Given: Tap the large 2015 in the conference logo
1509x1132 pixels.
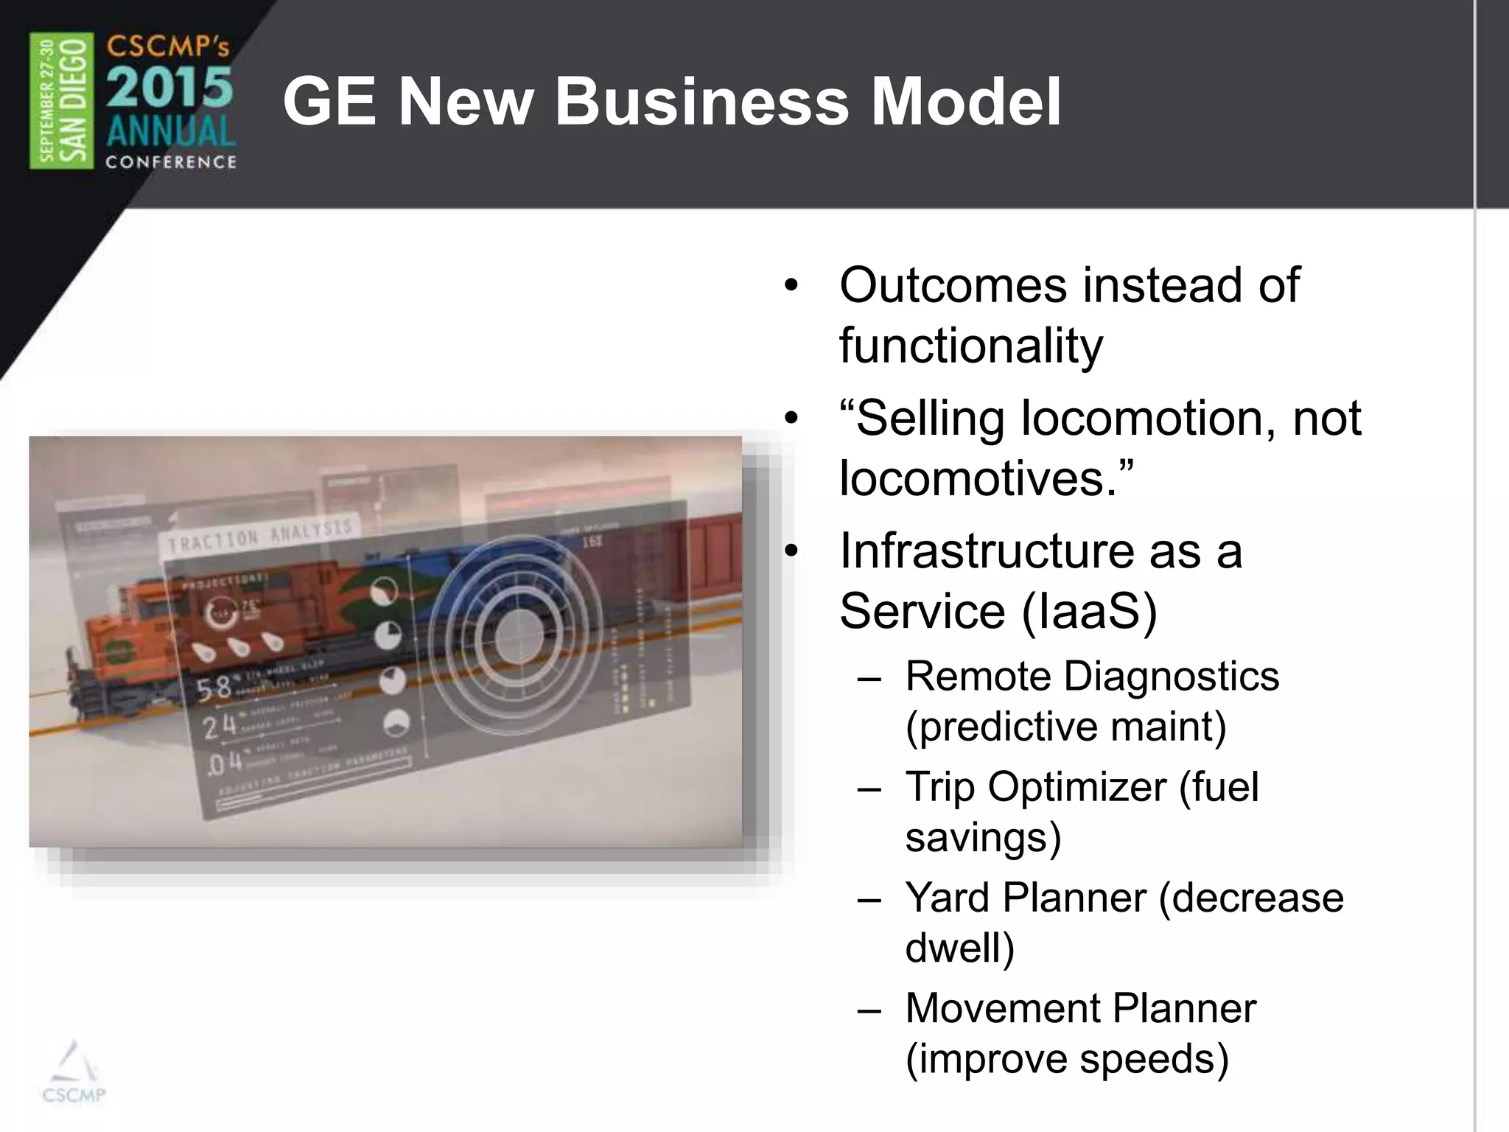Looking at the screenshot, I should [170, 88].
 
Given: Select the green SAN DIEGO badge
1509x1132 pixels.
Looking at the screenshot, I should [62, 101].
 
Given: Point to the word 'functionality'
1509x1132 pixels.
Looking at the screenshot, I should [970, 346].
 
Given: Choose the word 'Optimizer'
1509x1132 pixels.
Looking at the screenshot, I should [1077, 786].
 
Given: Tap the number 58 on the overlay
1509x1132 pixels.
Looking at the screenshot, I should [214, 688].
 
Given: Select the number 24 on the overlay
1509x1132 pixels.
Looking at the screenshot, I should [220, 727].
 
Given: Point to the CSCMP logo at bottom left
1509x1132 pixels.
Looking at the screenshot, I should [74, 1075].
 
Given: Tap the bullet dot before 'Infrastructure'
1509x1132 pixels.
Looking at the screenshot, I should [791, 552].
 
